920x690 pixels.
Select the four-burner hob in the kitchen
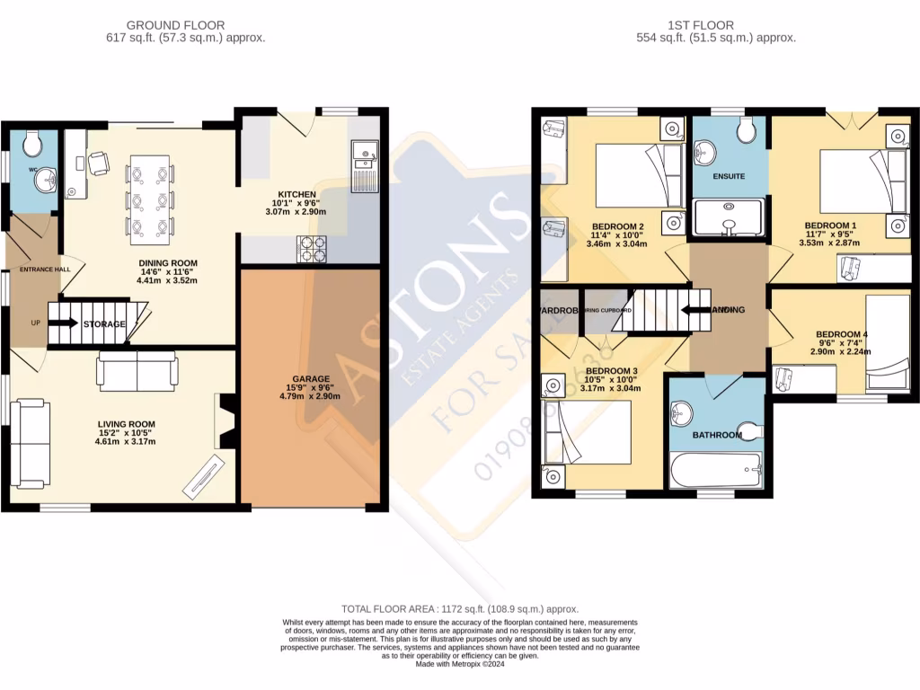[311, 249]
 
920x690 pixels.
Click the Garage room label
[310, 379]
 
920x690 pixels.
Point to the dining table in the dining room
[150, 199]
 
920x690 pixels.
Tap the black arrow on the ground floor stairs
[68, 323]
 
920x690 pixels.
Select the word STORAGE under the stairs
[104, 324]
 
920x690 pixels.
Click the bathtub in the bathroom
[716, 468]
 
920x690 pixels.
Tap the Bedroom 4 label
[841, 335]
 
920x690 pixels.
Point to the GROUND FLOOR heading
[175, 25]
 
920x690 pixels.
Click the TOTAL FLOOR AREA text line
[460, 609]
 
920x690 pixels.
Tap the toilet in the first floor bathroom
[747, 430]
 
